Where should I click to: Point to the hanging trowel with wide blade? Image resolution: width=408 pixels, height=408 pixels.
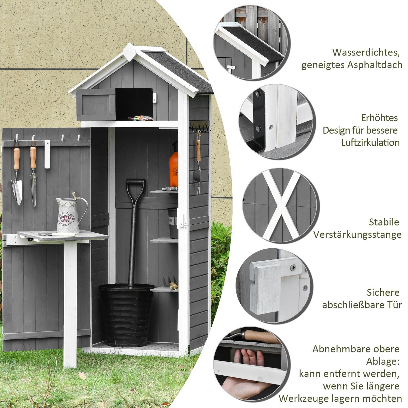[17, 185]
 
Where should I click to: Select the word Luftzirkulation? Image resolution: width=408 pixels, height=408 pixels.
[370, 143]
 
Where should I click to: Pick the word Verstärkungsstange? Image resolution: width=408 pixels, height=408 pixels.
[357, 234]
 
